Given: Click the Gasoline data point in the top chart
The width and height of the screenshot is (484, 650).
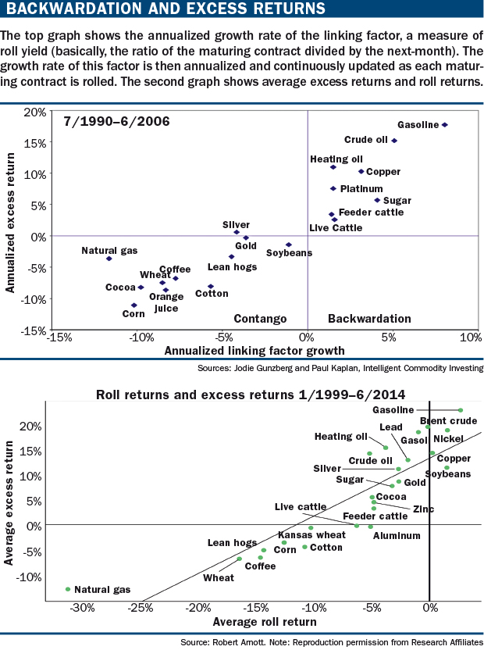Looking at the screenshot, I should [x=445, y=125].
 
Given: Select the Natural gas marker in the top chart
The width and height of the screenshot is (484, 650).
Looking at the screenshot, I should [x=109, y=259].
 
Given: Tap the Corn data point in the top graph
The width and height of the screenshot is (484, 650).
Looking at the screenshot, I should [x=134, y=305].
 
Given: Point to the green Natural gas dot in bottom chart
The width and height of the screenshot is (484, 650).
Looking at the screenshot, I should [x=68, y=589].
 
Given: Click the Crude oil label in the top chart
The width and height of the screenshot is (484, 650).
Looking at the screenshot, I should [x=365, y=141].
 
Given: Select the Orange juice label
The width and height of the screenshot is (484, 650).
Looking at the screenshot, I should [x=166, y=302].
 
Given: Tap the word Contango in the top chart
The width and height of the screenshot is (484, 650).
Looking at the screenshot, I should [x=261, y=319].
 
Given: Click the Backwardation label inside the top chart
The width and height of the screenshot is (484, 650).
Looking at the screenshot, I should [x=369, y=319].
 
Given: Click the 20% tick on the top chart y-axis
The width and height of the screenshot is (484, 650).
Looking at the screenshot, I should [x=34, y=112].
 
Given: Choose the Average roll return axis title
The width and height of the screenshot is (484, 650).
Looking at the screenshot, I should [x=264, y=622].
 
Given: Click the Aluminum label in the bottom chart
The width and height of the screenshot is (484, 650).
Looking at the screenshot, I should [x=397, y=536].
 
